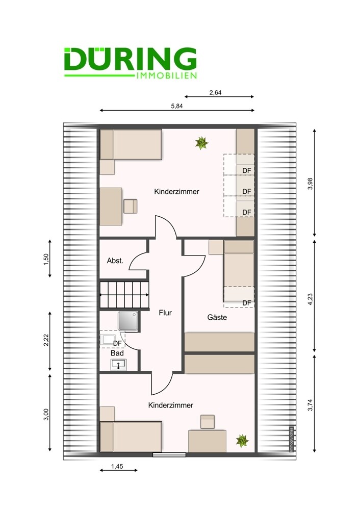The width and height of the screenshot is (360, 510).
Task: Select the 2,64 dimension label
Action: click(x=215, y=92)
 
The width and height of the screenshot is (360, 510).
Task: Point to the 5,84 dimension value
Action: click(x=176, y=106)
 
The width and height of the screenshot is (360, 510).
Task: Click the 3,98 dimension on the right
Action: click(x=310, y=184)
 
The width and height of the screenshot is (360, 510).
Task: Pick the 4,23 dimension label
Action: click(x=310, y=299)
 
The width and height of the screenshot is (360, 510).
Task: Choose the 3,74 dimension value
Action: click(x=310, y=405)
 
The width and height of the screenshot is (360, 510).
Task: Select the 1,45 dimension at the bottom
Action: click(x=117, y=466)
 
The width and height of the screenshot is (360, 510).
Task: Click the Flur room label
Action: click(x=165, y=313)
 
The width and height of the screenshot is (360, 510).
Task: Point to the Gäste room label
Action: click(x=217, y=317)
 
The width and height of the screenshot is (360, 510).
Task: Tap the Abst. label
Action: click(x=115, y=261)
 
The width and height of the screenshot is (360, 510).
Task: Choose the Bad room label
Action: click(x=117, y=353)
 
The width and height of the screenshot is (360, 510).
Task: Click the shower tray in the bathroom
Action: click(x=128, y=321)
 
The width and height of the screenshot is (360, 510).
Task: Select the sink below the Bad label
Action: click(x=118, y=365)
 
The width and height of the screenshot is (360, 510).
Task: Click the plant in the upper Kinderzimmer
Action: click(x=201, y=143)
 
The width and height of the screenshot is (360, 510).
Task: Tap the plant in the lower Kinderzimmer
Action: click(x=242, y=441)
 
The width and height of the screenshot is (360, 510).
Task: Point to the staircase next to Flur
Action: click(x=124, y=295)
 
